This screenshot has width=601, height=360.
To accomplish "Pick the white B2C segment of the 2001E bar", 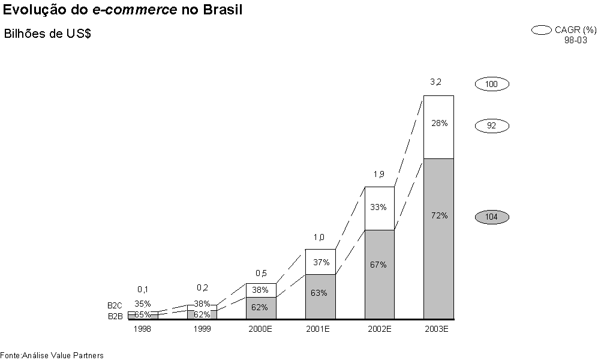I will (320, 262).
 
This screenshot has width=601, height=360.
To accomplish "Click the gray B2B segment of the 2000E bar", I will (261, 308).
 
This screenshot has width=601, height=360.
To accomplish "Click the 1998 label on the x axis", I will (143, 329).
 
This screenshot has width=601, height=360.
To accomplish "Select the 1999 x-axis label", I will (202, 329).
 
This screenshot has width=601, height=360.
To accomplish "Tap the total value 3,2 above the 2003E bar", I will (436, 82).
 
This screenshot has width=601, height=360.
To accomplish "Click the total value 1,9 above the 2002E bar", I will (378, 174).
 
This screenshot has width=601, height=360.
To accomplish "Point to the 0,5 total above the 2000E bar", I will (261, 273).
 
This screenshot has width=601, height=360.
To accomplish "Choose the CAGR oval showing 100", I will (492, 84).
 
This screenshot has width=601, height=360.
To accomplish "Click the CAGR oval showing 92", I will (492, 126).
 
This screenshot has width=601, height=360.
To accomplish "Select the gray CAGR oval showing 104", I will (492, 217).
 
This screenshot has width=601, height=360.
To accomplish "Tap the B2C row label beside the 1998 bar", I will (115, 306).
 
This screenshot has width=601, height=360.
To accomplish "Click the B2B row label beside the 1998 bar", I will (115, 316).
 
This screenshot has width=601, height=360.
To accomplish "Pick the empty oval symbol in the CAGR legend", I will (541, 29).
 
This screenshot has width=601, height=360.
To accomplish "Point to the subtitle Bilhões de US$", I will (47, 34).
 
